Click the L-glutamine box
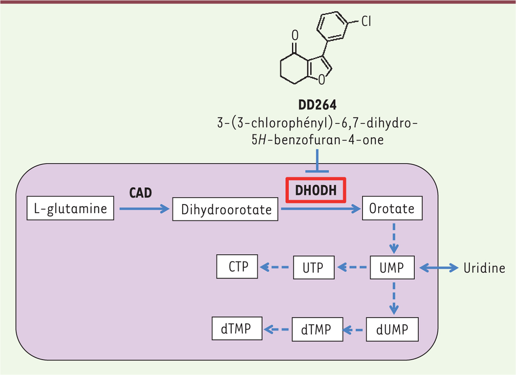[70, 208]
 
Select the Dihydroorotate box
[225, 209]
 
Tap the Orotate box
[392, 208]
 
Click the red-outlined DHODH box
[316, 190]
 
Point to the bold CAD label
[140, 193]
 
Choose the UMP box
[392, 267]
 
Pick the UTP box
[314, 267]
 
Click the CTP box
[237, 267]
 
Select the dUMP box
[392, 330]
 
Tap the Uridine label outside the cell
[485, 268]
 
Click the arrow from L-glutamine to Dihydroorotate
[144, 209]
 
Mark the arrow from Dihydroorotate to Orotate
[321, 209]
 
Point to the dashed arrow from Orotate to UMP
[394, 238]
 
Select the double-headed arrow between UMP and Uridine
[439, 268]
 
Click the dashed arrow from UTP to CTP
[274, 267]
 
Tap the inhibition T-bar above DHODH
[317, 161]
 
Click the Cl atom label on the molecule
[366, 21]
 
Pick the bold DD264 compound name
[317, 105]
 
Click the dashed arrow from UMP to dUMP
[394, 299]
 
